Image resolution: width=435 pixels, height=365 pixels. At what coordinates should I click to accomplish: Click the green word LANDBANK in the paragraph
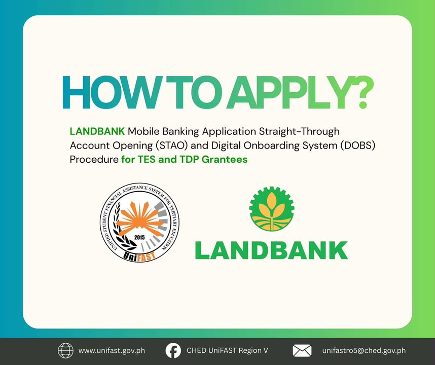97,131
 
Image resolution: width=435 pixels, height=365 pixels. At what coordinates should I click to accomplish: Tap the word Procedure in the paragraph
94,160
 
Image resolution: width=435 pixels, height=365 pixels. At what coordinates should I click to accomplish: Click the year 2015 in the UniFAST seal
139,237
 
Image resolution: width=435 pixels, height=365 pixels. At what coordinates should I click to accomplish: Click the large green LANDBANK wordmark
272,250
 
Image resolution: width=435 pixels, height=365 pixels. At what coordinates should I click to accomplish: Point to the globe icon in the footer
65,351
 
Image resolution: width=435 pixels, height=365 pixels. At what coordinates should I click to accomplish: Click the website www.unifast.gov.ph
112,351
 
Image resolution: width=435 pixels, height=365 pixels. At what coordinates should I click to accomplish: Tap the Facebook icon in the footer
173,351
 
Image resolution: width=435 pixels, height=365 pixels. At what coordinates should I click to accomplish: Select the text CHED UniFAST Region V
227,351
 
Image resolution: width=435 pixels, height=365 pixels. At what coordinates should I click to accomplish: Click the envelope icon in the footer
302,351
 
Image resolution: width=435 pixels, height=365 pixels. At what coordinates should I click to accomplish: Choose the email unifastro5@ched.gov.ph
364,351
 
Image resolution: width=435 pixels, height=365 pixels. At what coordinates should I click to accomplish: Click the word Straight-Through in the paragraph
299,131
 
